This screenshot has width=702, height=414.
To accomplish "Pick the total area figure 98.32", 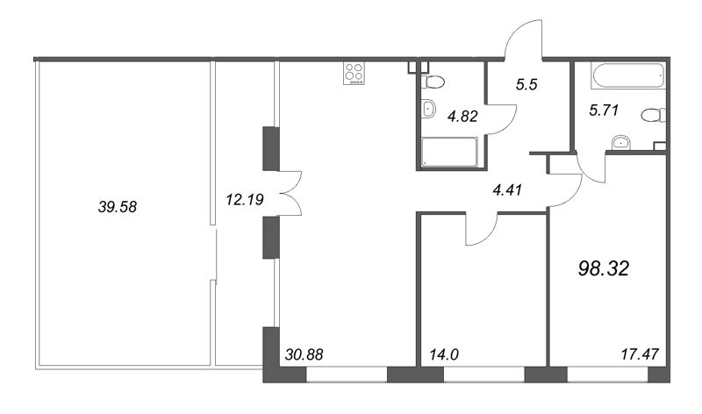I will point(605,268).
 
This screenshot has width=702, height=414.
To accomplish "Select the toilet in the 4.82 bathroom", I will point(433,82).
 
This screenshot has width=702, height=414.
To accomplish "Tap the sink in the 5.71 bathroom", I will point(620,142).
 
